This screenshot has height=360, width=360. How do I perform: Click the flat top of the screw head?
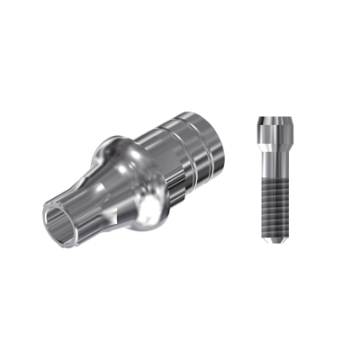[x=274, y=118]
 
